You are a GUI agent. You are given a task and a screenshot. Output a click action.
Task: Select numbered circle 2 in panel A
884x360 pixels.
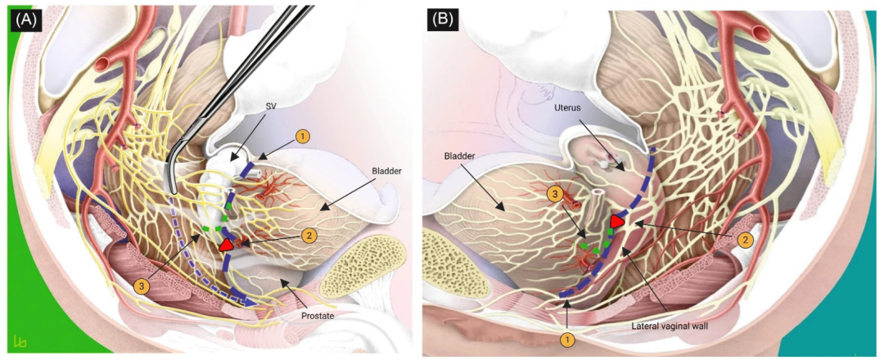point(309,236)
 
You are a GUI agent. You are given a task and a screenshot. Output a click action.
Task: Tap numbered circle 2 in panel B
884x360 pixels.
point(746,241)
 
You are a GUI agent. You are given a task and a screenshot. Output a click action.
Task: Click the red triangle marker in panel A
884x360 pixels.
point(227,245)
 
